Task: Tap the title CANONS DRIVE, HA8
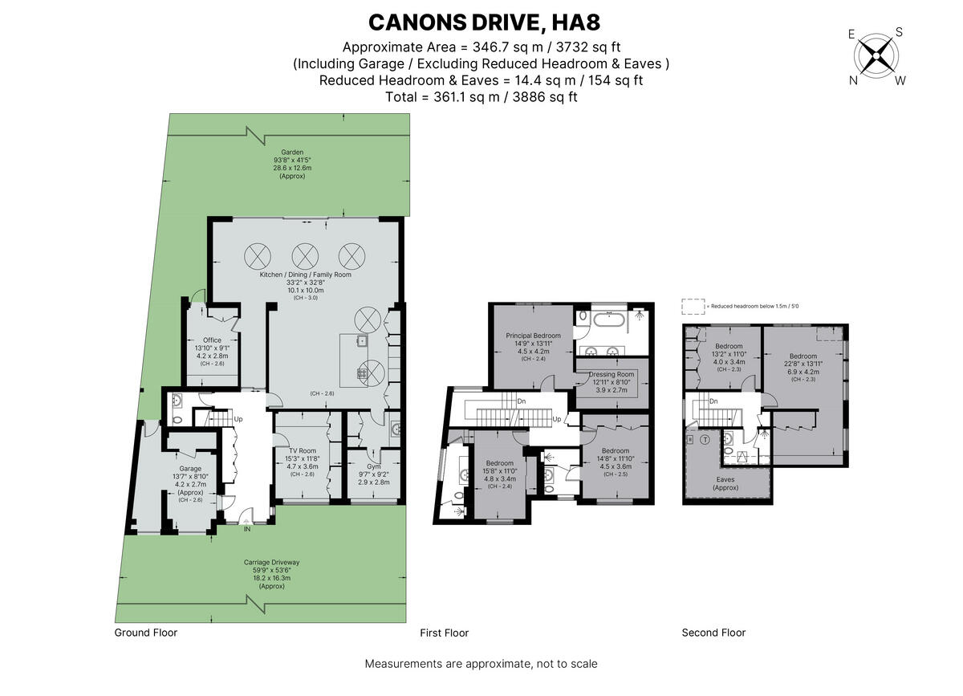(481, 22)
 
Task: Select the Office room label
(212, 340)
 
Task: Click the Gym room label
(374, 466)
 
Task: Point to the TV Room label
(303, 450)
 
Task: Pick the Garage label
(190, 469)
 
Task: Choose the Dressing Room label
(612, 374)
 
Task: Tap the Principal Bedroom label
(533, 336)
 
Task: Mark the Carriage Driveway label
(263, 562)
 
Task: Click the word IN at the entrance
(247, 528)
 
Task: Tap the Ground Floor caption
(145, 633)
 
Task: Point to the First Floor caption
(444, 633)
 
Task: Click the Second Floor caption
(713, 633)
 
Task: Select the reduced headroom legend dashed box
(691, 306)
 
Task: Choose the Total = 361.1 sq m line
(481, 97)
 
